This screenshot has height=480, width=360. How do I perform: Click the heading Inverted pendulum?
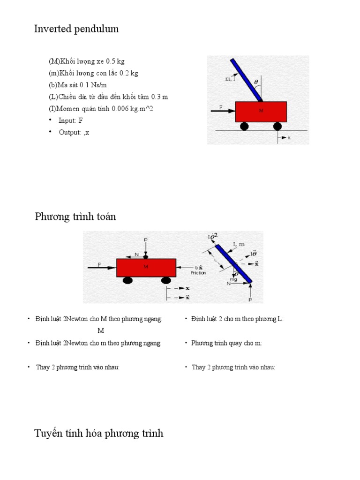pos(76,29)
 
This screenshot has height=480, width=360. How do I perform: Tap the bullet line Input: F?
pos(71,120)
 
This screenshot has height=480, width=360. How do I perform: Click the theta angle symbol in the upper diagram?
pos(256,82)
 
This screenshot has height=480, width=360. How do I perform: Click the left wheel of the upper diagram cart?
pos(244,126)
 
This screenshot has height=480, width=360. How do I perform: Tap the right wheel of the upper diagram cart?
pos(277,126)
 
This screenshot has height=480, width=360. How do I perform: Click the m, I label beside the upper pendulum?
pos(230,79)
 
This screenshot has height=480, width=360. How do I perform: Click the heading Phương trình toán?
pos(75,217)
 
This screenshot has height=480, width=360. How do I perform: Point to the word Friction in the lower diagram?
pos(198,273)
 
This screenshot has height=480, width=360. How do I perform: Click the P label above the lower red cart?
pos(146,240)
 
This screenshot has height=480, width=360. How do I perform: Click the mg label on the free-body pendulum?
pos(233,279)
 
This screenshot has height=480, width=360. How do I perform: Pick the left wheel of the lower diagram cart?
pos(127,280)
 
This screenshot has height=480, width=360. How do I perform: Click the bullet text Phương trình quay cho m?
pos(226,343)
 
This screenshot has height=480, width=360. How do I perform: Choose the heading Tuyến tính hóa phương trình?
pos(99,433)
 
